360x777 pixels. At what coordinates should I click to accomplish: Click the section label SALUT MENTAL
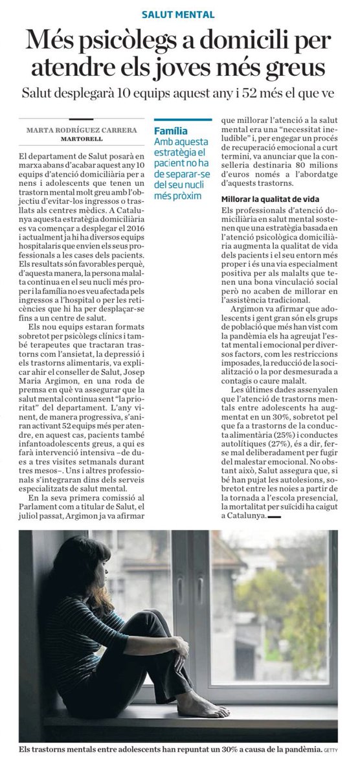pos(179,14)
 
